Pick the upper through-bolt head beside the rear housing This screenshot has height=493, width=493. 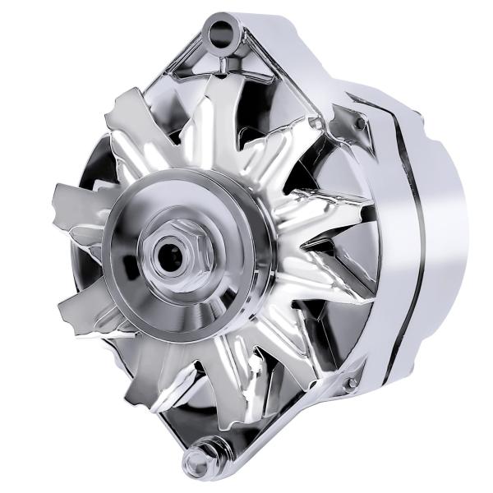[x=359, y=122]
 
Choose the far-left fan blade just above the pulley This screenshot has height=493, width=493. [x=78, y=201]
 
